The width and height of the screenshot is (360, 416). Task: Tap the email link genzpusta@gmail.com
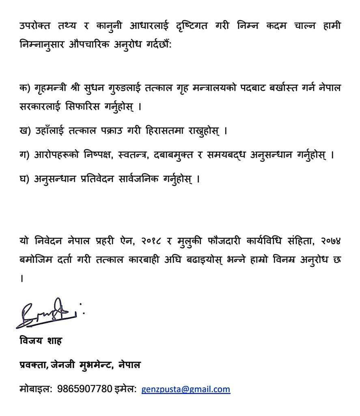pyautogui.click(x=185, y=389)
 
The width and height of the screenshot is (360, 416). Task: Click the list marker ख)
pyautogui.click(x=24, y=132)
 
